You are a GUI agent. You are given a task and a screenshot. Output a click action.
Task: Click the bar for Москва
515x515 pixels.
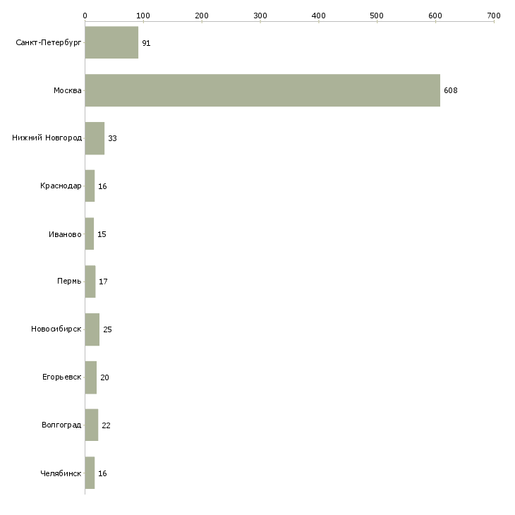(x=262, y=90)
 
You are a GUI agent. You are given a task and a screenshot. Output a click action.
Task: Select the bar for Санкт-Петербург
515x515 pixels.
(x=111, y=42)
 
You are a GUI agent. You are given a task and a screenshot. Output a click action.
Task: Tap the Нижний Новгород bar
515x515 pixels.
(x=95, y=138)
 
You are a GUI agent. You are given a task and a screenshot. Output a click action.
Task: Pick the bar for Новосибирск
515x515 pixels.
(x=92, y=329)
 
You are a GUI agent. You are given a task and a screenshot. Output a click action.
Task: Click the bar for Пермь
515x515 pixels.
(x=90, y=281)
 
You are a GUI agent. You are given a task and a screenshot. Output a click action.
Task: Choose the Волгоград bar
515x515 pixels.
(x=92, y=425)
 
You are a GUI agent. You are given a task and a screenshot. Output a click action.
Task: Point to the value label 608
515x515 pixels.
(x=451, y=90)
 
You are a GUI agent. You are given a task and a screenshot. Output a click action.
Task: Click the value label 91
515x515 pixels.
(x=146, y=43)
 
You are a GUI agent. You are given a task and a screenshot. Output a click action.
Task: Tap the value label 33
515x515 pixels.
(x=112, y=138)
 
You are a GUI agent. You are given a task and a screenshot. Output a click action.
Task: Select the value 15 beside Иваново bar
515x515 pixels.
(x=102, y=234)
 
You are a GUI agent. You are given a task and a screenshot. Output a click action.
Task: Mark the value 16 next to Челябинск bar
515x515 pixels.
(x=102, y=473)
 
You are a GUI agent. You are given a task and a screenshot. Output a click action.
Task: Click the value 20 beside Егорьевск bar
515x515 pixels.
(x=105, y=377)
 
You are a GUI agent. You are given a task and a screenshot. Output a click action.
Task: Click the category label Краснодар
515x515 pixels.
(x=61, y=186)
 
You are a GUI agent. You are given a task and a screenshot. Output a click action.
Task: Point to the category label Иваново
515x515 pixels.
(x=65, y=234)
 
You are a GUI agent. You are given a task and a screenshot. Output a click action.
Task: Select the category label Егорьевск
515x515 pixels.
(x=62, y=377)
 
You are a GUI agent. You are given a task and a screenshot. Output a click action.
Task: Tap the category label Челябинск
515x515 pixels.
(x=61, y=473)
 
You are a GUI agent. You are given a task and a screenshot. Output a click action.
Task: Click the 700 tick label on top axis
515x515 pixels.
(x=494, y=16)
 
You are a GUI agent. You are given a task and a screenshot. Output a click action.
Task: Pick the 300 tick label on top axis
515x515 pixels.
(x=260, y=16)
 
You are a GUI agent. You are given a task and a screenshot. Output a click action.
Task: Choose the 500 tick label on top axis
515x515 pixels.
(x=377, y=16)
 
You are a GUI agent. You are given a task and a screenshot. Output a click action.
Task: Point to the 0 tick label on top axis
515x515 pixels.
(x=85, y=16)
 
